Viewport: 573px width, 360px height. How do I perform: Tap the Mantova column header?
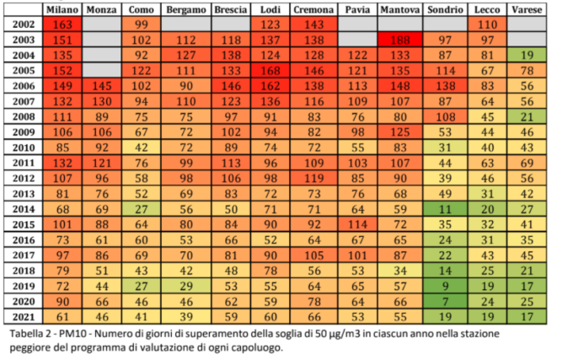pos(397,9)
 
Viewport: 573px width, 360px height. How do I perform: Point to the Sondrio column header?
pos(445,9)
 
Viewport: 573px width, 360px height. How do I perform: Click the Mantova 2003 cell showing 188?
pos(397,40)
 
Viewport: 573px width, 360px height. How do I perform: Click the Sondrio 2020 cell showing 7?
pos(445,301)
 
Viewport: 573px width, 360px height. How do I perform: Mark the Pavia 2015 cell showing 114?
pos(358,224)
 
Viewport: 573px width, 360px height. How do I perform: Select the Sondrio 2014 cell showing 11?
pos(445,209)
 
